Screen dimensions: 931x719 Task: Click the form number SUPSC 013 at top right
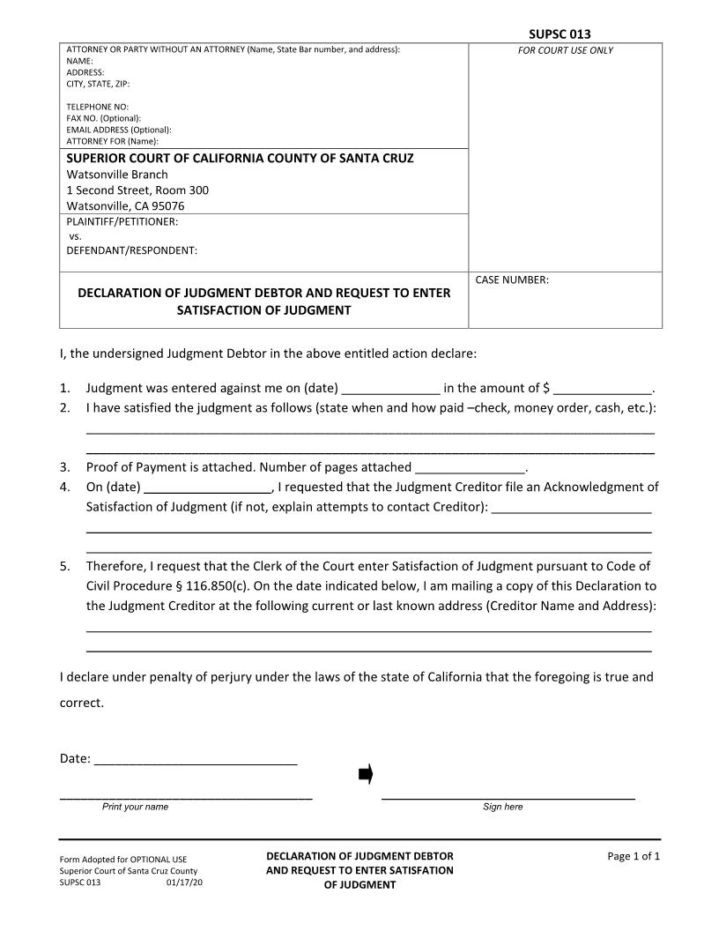560,34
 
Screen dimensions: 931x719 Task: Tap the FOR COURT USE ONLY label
565,50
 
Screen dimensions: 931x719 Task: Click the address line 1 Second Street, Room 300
137,190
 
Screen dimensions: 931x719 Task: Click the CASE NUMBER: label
512,280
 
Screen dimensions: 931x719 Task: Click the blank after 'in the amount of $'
603,389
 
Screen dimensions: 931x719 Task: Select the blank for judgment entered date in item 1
390,389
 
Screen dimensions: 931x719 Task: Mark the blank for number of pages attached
470,468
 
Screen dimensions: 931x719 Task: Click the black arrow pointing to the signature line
366,775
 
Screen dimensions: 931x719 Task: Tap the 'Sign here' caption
502,807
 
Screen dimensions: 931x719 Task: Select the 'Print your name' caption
135,807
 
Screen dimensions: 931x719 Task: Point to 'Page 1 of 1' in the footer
634,856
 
